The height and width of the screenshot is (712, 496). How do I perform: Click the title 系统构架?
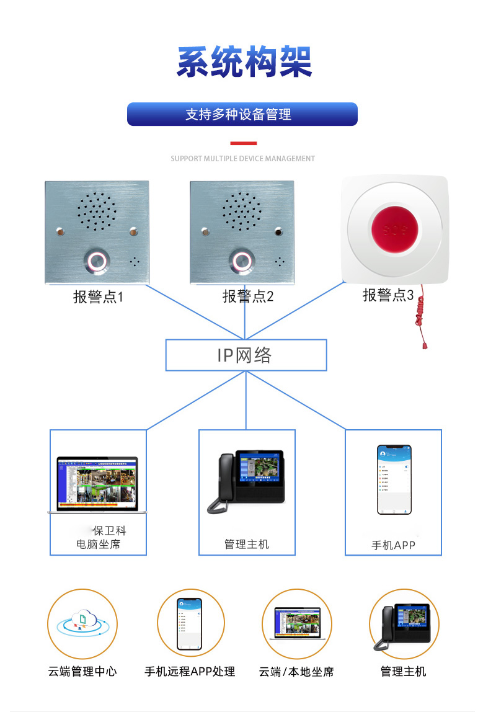click(244, 62)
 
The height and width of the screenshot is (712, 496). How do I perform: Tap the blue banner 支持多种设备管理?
click(242, 114)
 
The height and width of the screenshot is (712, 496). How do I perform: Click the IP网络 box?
click(246, 355)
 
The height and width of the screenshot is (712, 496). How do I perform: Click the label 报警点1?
click(98, 297)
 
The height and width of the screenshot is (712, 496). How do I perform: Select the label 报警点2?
click(247, 296)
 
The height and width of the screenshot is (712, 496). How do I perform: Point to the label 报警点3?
click(387, 295)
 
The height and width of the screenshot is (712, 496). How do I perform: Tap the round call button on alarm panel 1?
click(95, 261)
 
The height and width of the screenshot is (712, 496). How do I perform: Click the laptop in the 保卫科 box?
click(97, 485)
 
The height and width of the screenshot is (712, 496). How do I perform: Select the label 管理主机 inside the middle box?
click(247, 544)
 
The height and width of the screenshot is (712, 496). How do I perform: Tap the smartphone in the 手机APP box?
click(394, 479)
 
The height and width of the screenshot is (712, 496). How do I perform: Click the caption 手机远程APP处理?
click(190, 672)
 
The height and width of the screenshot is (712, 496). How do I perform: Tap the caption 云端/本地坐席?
click(296, 672)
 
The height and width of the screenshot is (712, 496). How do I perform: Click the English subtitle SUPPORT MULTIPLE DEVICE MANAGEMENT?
click(242, 159)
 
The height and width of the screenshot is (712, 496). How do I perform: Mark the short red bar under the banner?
click(243, 143)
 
